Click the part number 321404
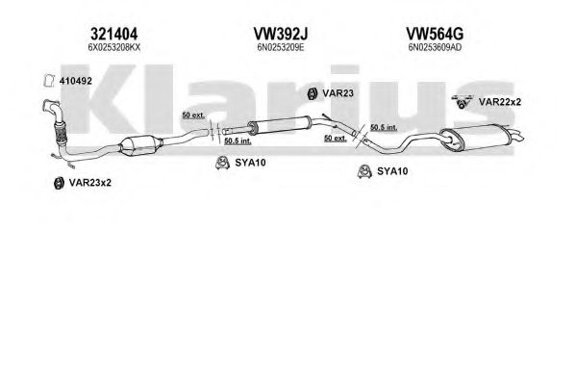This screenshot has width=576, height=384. (x=113, y=35)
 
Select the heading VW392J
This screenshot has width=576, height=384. (x=280, y=35)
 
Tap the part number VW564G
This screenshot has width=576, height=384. (x=435, y=35)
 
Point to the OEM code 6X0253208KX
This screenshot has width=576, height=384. (x=114, y=47)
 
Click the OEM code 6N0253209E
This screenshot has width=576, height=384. (x=281, y=47)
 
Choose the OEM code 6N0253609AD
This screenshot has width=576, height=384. (x=435, y=47)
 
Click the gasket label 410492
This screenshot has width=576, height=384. (x=76, y=81)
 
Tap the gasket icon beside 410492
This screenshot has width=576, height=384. (x=49, y=81)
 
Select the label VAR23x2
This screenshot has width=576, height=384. (x=90, y=183)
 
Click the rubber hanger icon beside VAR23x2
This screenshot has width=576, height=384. (x=58, y=183)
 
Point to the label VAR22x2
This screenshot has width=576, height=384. (x=500, y=102)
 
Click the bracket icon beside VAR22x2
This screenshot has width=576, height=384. (x=462, y=101)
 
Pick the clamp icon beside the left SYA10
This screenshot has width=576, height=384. (x=222, y=163)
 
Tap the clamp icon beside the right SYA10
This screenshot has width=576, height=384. (x=364, y=171)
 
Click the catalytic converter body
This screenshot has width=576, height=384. (x=141, y=145)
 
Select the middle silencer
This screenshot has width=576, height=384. (x=280, y=124)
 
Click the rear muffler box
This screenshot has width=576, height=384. (x=476, y=137)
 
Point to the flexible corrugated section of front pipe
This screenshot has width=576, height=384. (x=61, y=132)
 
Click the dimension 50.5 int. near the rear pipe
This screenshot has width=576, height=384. (x=384, y=127)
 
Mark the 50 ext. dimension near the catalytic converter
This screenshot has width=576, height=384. (x=193, y=115)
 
